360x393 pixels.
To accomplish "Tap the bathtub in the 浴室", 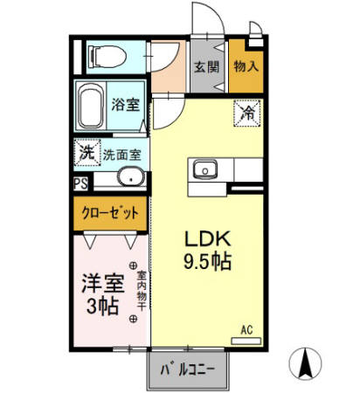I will (91, 107).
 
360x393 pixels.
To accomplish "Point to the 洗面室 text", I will (122, 155).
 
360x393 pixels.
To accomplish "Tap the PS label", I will (80, 183).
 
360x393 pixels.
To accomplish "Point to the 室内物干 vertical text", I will (142, 295).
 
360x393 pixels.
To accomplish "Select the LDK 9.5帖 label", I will (206, 249).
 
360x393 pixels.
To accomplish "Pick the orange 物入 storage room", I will (246, 66).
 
